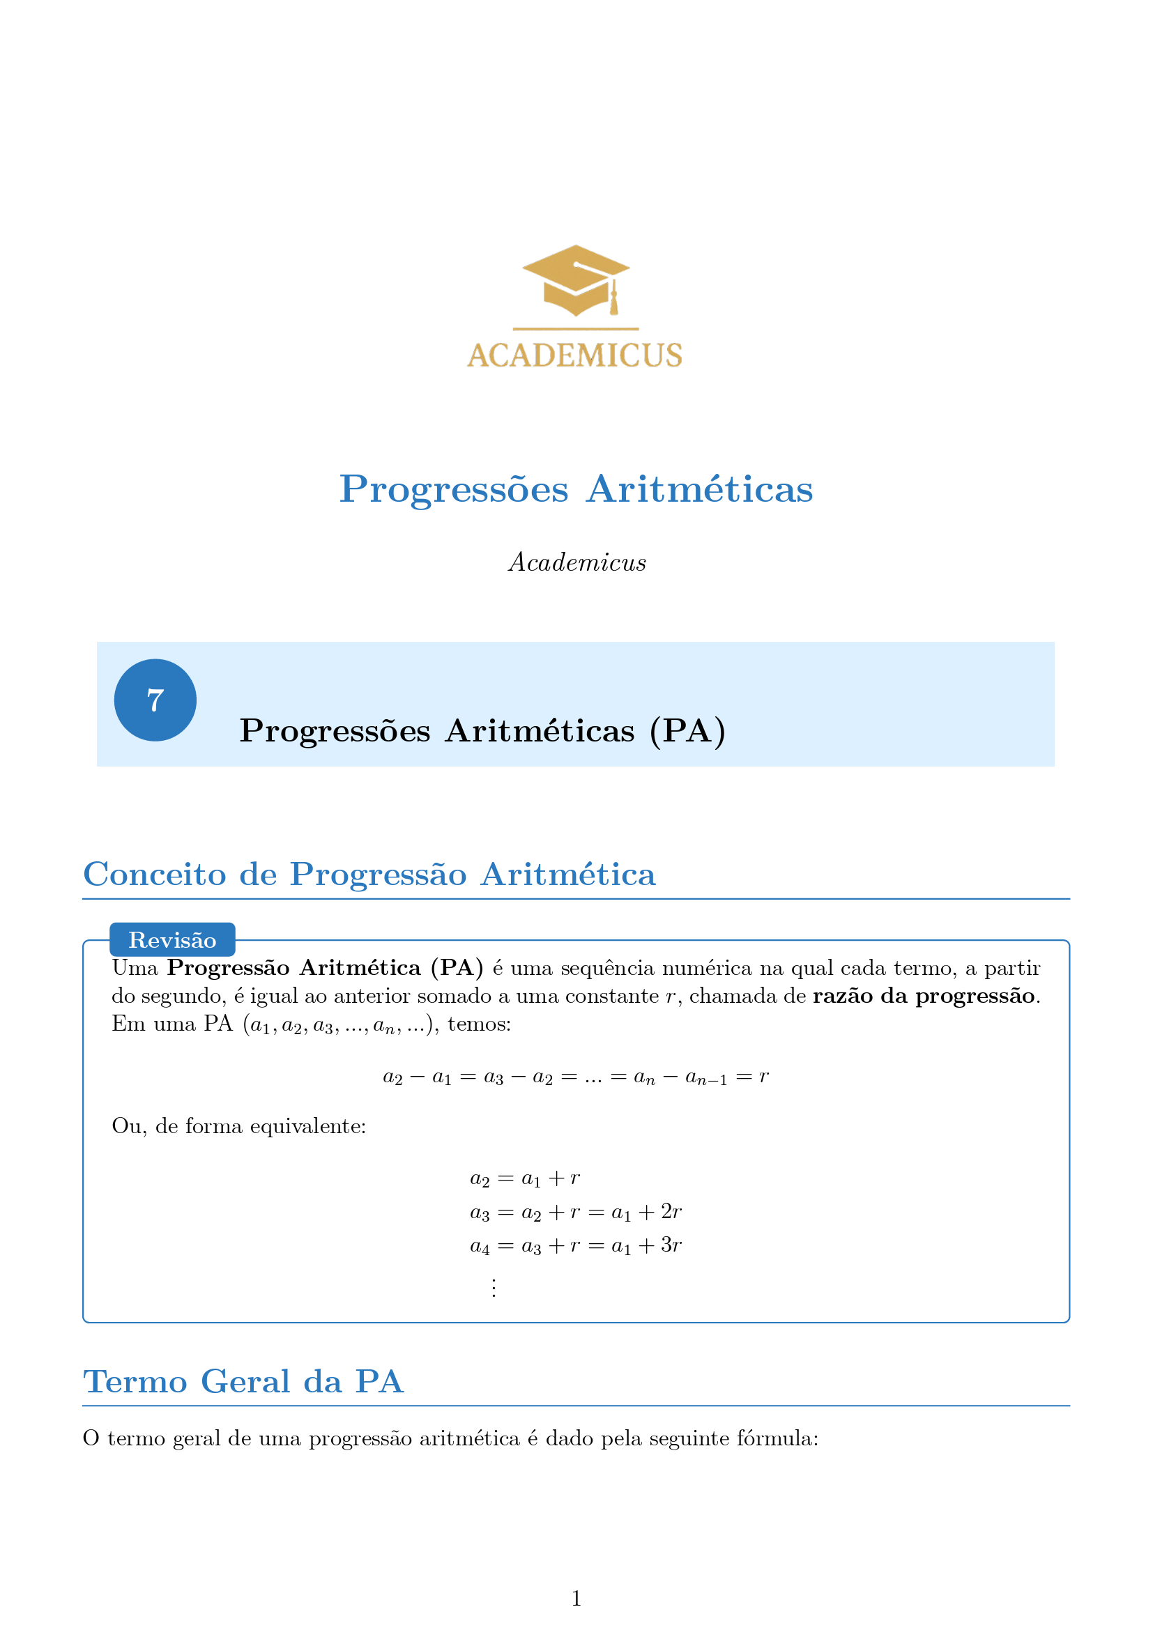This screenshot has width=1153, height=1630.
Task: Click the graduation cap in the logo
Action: [x=575, y=279]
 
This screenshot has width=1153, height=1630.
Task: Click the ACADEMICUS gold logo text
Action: [x=574, y=355]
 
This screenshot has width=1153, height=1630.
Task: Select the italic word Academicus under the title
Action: [x=577, y=562]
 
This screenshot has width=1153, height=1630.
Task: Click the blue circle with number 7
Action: [x=155, y=700]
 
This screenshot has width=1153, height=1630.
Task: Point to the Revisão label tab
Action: [x=172, y=940]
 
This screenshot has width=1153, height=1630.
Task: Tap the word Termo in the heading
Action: [x=135, y=1381]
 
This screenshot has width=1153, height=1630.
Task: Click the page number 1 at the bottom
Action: [x=576, y=1598]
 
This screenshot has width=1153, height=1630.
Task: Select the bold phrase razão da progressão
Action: [x=924, y=996]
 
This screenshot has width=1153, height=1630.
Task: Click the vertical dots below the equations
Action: [x=494, y=1287]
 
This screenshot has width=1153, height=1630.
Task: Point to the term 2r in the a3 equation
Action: [x=671, y=1212]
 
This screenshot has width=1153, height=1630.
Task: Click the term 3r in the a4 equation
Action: [x=671, y=1245]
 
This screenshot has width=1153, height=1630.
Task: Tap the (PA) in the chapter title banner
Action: [x=687, y=731]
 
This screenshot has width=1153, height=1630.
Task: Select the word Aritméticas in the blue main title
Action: [x=699, y=489]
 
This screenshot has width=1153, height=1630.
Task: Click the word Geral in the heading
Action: [x=245, y=1381]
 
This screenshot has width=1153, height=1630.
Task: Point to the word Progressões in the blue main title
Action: [x=454, y=489]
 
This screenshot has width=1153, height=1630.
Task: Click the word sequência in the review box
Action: [x=608, y=969]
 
